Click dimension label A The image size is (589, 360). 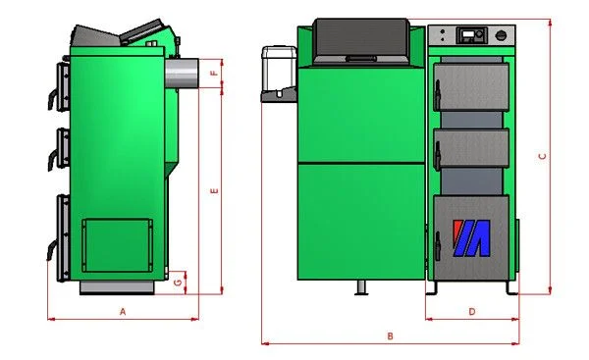click(x=123, y=312)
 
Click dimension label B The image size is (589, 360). click(x=390, y=336)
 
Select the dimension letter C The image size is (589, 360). click(x=542, y=156)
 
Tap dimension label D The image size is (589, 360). click(x=472, y=312)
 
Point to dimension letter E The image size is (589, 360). click(x=214, y=191)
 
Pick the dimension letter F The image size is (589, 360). click(x=214, y=73)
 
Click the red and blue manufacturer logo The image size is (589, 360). click(x=471, y=238)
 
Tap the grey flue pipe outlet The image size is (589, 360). click(x=181, y=74)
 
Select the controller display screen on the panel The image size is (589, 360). click(x=468, y=34)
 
